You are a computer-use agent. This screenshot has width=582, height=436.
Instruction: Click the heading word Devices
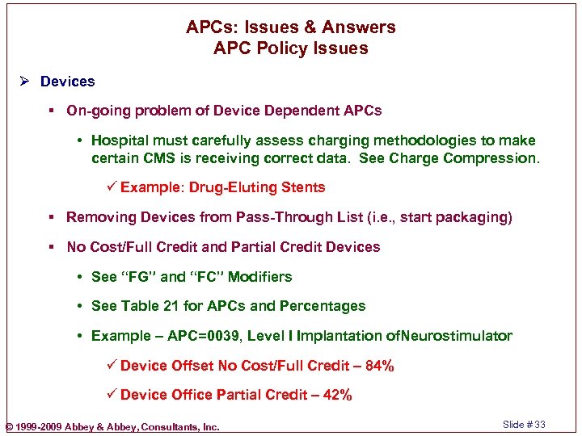pyautogui.click(x=67, y=82)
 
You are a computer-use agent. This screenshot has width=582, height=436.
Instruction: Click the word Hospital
pyautogui.click(x=120, y=140)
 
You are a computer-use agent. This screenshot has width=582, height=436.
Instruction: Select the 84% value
pyautogui.click(x=379, y=366)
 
